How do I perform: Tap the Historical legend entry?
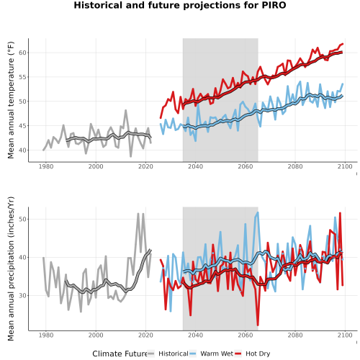(x=168, y=354)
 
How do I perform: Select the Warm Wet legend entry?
(x=211, y=354)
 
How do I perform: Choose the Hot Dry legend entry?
(x=252, y=354)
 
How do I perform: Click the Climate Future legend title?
(x=120, y=354)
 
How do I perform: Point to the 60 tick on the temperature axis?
(x=22, y=53)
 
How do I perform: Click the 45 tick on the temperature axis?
(x=22, y=126)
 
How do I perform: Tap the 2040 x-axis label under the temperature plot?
(x=195, y=166)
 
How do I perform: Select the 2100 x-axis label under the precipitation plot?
(x=345, y=335)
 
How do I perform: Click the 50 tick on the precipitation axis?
(x=22, y=219)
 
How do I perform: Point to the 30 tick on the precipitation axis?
(x=22, y=295)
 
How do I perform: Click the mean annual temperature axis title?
(x=11, y=100)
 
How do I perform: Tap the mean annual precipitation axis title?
(x=11, y=269)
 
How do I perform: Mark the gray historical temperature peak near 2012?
(x=125, y=110)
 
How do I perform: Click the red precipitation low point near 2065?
(x=258, y=325)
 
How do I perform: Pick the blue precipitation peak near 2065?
(x=258, y=212)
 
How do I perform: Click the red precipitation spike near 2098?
(x=340, y=213)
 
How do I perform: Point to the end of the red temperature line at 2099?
(x=343, y=44)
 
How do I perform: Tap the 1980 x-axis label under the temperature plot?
(x=46, y=166)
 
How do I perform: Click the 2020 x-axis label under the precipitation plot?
(x=145, y=335)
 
